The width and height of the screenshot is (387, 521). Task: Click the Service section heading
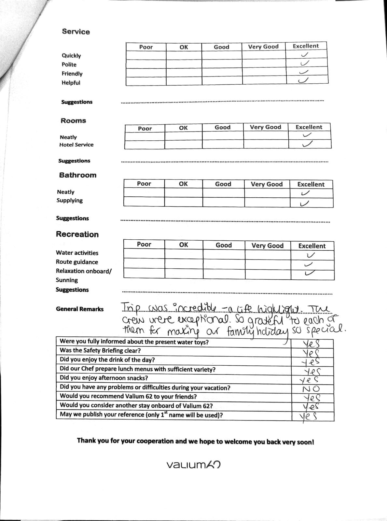[76, 32]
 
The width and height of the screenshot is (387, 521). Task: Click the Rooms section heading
[73, 120]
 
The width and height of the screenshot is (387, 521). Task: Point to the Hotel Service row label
[76, 145]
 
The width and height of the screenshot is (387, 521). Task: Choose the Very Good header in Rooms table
[265, 127]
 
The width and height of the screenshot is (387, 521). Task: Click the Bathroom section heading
[78, 175]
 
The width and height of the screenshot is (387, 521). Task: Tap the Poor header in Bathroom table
[144, 184]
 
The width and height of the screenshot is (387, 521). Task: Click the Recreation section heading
[77, 234]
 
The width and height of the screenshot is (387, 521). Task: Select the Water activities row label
[77, 253]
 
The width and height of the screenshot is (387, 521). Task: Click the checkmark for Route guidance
[308, 264]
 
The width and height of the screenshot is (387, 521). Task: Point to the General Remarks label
[80, 309]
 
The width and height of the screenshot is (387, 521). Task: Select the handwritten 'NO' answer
[311, 389]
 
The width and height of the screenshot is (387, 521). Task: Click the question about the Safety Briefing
[100, 350]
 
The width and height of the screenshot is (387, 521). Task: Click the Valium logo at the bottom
[193, 465]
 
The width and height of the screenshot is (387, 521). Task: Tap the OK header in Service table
[184, 47]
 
